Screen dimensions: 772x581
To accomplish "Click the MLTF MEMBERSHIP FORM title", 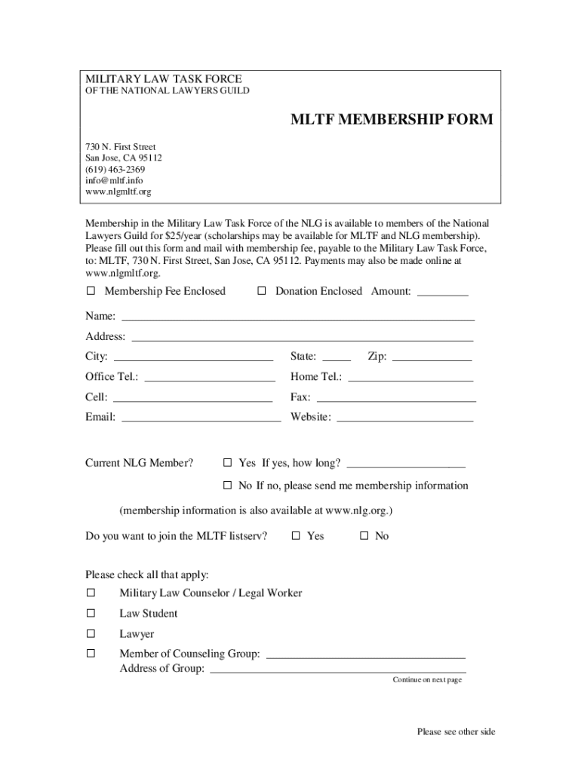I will point(392,120).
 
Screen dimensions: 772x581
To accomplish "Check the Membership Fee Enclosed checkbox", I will point(91,291).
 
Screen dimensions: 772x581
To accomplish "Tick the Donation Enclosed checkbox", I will point(262,291).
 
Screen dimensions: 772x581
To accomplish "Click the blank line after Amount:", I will point(443,294).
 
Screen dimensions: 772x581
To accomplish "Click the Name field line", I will point(298,319).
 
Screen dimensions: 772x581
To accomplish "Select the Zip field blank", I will point(432,360).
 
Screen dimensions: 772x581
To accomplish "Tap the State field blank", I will point(337,360).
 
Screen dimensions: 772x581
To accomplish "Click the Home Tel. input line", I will point(410,380).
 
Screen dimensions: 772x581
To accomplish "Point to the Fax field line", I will point(396,400).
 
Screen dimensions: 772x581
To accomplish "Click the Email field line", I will point(201,421).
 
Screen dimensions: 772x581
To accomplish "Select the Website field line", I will point(404,421).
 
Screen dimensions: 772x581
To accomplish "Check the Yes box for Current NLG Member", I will point(227,463).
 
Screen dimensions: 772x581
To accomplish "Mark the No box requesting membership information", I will point(227,486).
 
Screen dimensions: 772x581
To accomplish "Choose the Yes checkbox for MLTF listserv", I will point(296,536).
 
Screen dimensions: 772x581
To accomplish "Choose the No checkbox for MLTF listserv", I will point(364,536).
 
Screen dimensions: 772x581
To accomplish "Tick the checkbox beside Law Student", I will point(91,613).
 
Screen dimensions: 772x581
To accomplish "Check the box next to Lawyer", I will point(91,633).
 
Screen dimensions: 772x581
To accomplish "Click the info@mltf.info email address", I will point(114,181).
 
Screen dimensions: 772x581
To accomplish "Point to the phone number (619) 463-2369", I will point(115,170).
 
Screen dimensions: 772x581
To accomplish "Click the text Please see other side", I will point(456,732).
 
